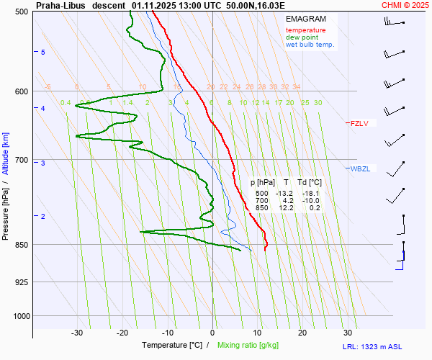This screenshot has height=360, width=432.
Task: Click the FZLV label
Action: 359,123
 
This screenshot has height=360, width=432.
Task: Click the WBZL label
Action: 360,168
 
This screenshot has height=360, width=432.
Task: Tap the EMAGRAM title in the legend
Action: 305,18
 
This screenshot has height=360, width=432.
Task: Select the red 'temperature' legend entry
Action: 305,30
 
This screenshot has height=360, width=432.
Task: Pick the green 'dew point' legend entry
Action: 302,37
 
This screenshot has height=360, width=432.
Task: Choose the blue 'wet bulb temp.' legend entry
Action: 310,45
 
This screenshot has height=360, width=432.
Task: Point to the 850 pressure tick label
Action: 20,245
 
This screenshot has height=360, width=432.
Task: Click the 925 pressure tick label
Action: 20,282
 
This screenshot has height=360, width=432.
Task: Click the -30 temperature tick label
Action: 77,333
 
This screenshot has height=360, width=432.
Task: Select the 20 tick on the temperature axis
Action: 302,333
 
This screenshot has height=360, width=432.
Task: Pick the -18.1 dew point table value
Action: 310,193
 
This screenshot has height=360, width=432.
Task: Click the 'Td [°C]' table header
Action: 310,183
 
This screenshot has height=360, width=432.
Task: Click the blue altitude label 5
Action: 43,53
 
